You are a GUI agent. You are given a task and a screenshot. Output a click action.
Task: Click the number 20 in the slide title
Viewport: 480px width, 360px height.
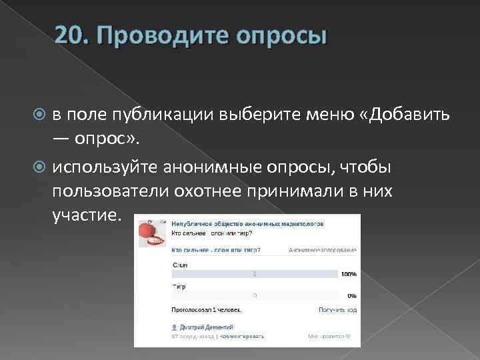click(x=69, y=35)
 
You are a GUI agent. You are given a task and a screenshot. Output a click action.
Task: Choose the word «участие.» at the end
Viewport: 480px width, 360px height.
click(x=87, y=217)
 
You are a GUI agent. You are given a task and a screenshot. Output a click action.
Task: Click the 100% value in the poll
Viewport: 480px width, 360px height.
click(x=348, y=274)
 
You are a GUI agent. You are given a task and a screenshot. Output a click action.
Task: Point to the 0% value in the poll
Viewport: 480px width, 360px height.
click(x=351, y=295)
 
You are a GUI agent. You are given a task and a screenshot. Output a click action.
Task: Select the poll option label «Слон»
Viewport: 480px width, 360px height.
click(x=180, y=265)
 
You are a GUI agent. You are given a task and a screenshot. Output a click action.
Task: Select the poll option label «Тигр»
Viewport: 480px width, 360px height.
click(x=179, y=286)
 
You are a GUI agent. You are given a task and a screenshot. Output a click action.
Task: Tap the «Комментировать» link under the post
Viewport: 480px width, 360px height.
click(x=237, y=336)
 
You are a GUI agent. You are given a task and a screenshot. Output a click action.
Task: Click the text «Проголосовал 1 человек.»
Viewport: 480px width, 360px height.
click(x=206, y=310)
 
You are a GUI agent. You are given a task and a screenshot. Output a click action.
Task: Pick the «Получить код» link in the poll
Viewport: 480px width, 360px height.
click(x=337, y=310)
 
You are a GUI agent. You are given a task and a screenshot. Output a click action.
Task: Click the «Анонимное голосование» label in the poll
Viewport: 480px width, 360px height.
click(x=323, y=250)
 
